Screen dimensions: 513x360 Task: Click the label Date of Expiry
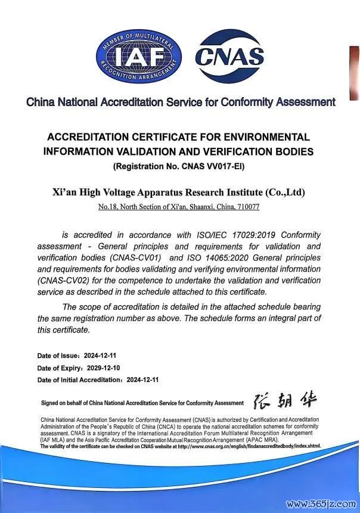click(x=58, y=367)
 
